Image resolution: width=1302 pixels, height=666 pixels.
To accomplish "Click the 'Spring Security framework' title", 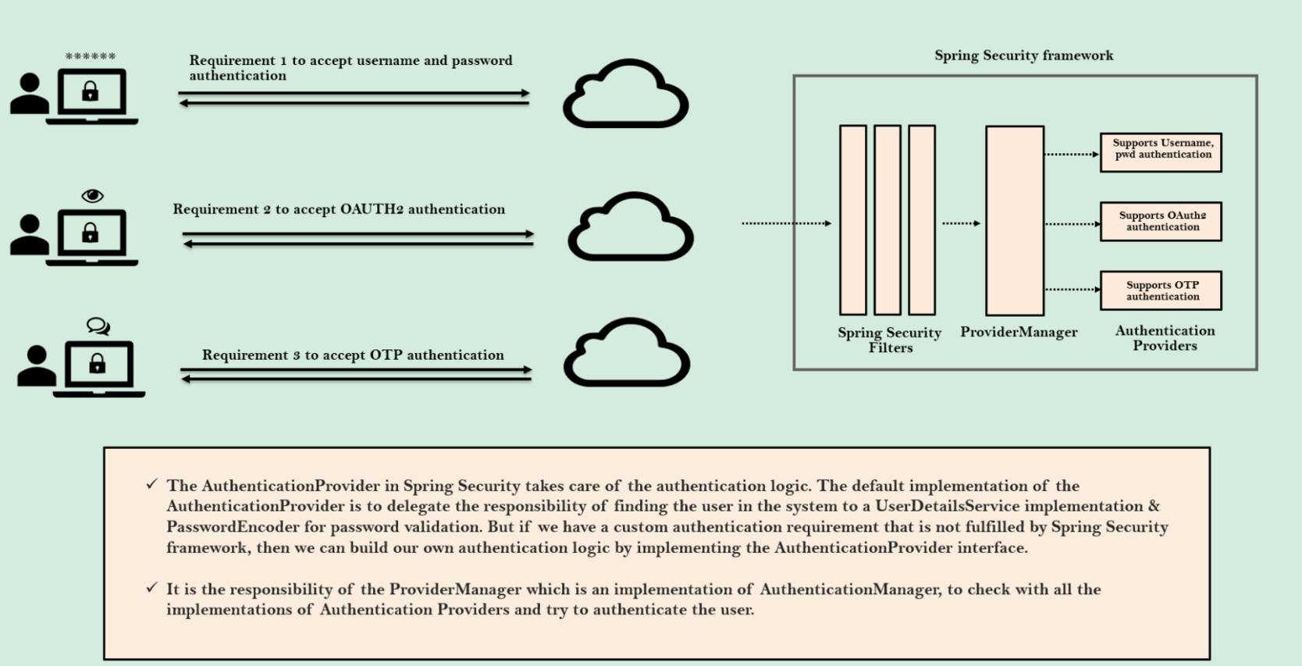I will tap(1023, 55).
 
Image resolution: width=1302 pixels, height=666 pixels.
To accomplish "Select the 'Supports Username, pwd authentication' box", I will tap(1161, 152).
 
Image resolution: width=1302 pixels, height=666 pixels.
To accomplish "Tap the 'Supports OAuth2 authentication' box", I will tap(1161, 222).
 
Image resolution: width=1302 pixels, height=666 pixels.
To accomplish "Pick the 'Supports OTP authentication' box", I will tap(1161, 290).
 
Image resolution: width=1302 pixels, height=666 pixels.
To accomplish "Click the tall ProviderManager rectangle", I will tap(1014, 221).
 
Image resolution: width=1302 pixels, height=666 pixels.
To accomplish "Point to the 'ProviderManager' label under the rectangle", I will tap(1019, 332).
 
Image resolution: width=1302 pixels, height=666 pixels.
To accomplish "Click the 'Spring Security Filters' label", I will tap(890, 340).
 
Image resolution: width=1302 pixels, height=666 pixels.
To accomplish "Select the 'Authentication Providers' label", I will tap(1165, 338).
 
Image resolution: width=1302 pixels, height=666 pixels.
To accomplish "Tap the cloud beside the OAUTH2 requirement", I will tap(630, 227).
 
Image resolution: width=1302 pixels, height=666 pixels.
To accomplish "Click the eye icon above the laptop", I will tap(92, 195).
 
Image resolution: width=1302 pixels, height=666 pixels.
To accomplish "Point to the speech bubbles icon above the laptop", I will tap(98, 326).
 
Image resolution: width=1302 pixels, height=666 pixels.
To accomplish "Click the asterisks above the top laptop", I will tap(91, 56).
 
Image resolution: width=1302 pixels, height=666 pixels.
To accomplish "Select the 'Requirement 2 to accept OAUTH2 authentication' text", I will tap(339, 209).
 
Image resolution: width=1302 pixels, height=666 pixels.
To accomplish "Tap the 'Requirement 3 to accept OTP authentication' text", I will tap(353, 355).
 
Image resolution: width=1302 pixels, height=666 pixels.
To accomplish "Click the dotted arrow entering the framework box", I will tap(785, 223).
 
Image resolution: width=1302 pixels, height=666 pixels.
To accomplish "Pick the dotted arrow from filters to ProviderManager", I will tap(961, 223).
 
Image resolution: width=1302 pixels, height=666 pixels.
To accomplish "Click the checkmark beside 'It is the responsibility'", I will tap(151, 587).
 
